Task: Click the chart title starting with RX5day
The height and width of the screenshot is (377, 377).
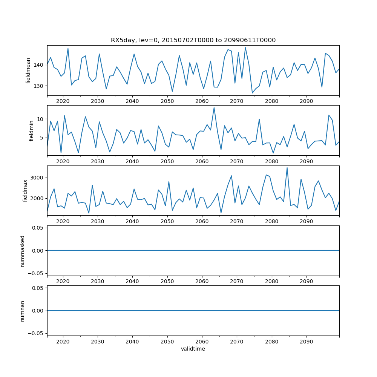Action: [x=193, y=40]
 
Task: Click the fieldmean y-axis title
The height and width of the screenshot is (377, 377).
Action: [x=28, y=70]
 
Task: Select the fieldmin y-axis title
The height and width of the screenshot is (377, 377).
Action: [x=32, y=130]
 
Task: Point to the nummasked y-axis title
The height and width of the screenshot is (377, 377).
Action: [x=23, y=251]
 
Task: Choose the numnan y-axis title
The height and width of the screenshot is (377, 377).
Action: [x=23, y=311]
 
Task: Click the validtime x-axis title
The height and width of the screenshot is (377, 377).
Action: [x=193, y=349]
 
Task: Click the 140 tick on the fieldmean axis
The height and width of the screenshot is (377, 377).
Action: [x=39, y=65]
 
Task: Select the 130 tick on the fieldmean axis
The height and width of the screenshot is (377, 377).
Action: [x=39, y=86]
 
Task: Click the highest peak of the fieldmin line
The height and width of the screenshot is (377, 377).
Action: [x=214, y=107]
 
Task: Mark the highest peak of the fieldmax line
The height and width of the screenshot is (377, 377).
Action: [x=287, y=168]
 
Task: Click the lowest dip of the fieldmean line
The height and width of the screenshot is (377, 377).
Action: [x=252, y=93]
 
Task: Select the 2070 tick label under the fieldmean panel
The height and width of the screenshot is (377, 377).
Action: [x=237, y=101]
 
